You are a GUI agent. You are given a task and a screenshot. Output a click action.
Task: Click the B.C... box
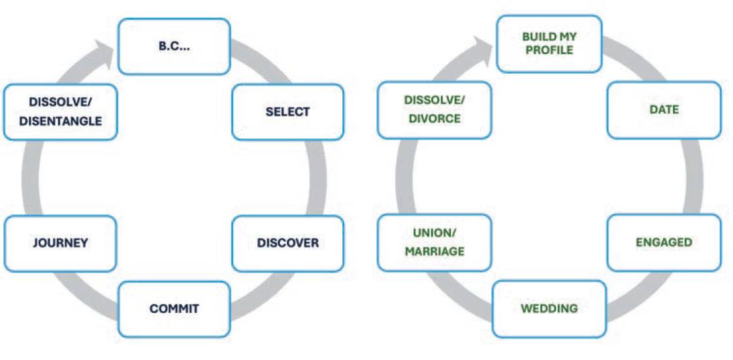pos(174,46)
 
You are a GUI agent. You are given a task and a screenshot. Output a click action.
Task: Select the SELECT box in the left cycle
pos(287,112)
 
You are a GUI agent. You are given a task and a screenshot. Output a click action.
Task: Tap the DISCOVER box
pos(287,243)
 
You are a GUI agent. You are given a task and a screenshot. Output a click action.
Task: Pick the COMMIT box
pos(174,308)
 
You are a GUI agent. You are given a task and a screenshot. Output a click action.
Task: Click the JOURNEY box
pos(60,243)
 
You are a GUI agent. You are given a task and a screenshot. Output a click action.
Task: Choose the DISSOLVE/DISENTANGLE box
pos(60,112)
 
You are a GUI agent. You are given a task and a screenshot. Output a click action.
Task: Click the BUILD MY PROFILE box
pos(549,44)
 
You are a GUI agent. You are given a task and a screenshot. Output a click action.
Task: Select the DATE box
pos(664,110)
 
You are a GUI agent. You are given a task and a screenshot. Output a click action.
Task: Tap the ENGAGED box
pos(664,242)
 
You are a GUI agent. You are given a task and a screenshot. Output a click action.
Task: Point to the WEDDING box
pos(549,308)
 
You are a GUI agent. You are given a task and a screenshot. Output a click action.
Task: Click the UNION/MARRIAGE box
pos(434,242)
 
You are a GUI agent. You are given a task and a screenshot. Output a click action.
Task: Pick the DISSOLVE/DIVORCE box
pos(434,110)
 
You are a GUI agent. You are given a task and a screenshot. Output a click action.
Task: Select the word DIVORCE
pos(434,119)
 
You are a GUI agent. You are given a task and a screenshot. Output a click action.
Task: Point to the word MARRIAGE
pos(434,252)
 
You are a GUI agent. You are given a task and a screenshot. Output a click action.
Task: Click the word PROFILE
pos(549,50)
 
